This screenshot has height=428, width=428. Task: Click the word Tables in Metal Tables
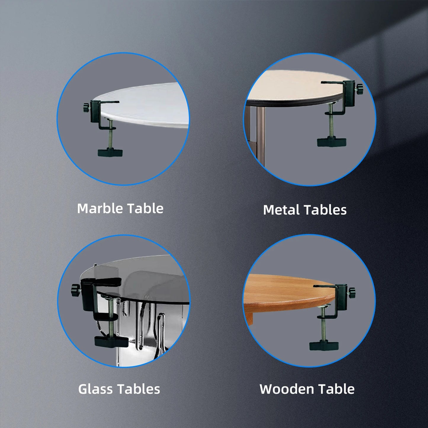pyautogui.click(x=325, y=210)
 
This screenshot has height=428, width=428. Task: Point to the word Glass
pyautogui.click(x=95, y=389)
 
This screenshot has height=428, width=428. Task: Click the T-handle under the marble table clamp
pyautogui.click(x=110, y=153)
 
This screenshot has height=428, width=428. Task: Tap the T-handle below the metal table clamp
pyautogui.click(x=332, y=142)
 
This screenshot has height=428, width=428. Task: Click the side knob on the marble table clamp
pyautogui.click(x=87, y=108)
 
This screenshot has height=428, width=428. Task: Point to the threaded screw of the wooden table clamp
pyautogui.click(x=324, y=325)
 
